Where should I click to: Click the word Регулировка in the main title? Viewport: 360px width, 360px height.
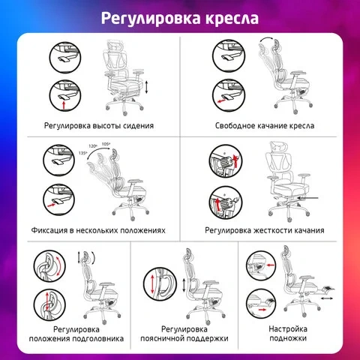click(151, 19)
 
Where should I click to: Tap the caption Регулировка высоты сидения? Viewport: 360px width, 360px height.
click(99, 125)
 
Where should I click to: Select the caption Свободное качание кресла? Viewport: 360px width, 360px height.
click(265, 125)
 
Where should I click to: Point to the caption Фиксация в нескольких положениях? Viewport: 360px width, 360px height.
click(98, 230)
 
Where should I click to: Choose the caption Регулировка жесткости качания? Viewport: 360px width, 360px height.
click(265, 230)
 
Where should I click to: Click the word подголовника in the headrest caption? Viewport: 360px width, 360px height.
click(98, 339)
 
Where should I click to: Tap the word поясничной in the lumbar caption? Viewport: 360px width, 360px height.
click(162, 339)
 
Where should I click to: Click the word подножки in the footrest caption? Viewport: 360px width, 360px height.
click(288, 338)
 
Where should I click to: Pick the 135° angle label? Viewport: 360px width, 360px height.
click(82, 153)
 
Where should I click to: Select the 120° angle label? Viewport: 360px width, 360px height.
click(93, 146)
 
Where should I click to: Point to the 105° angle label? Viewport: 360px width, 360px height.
click(106, 144)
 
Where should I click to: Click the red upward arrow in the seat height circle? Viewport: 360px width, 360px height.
click(64, 105)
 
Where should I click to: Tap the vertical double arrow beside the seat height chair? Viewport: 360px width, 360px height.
click(146, 87)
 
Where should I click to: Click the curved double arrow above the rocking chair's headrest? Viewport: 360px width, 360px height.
click(266, 39)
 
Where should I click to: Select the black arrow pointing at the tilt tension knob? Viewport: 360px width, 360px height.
click(308, 198)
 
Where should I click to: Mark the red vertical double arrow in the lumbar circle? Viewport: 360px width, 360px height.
click(153, 284)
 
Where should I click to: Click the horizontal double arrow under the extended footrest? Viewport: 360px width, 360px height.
click(327, 298)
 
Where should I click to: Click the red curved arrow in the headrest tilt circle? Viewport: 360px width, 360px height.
click(59, 265)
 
